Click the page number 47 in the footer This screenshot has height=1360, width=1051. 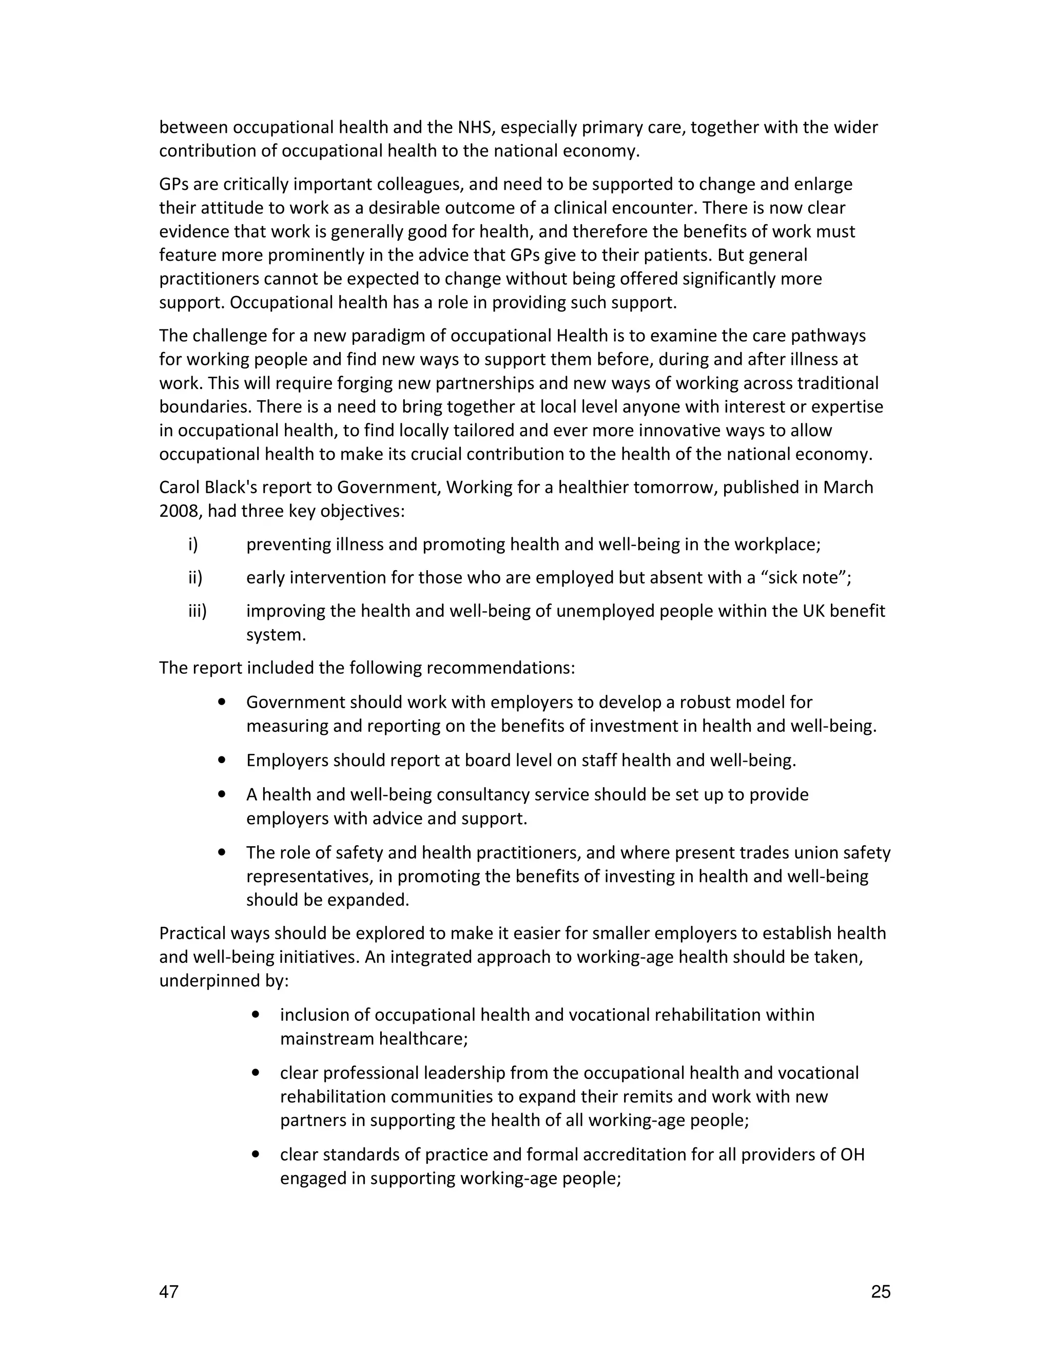(x=169, y=1292)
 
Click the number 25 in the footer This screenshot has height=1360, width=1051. (x=881, y=1292)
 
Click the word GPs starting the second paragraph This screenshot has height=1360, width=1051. (x=174, y=185)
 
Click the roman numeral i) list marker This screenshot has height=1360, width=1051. (x=193, y=545)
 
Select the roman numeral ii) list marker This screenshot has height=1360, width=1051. (x=196, y=578)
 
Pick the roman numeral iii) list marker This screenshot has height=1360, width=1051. (x=198, y=611)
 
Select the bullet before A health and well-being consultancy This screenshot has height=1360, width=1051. (x=222, y=794)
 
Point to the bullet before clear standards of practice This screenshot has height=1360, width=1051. (x=255, y=1154)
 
